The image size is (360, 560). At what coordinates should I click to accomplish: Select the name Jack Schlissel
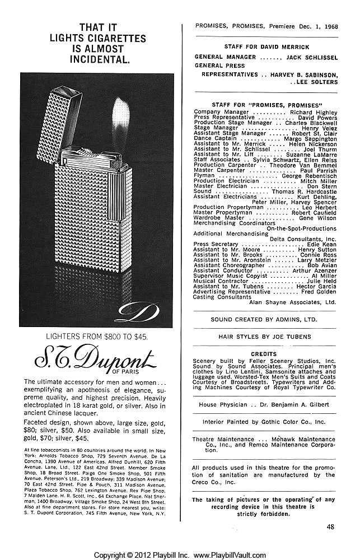pos(311,57)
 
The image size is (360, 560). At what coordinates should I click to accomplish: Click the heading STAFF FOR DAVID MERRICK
pos(265,46)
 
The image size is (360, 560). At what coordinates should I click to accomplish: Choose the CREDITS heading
pos(265,354)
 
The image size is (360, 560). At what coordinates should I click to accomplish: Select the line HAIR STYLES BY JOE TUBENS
pos(265,338)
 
